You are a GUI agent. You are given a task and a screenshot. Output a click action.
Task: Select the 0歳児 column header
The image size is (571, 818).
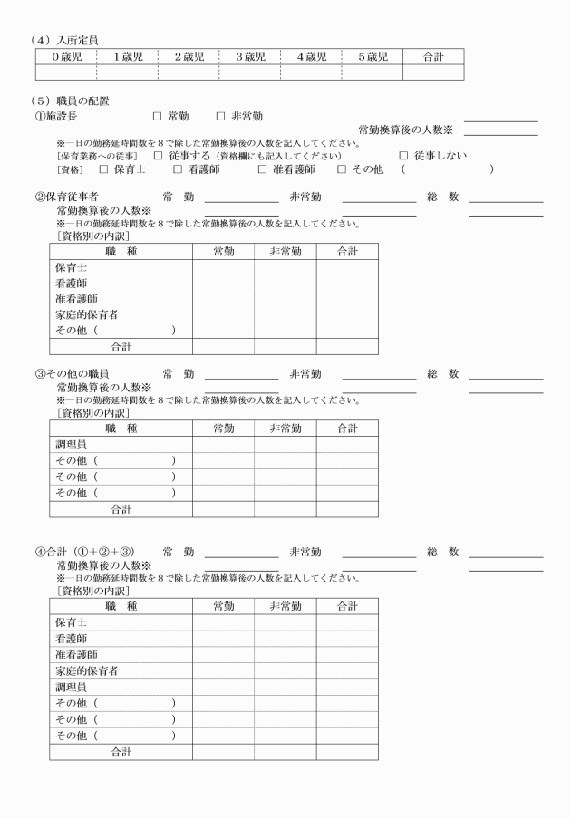coord(65,57)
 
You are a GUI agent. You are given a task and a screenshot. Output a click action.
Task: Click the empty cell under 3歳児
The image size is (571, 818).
coord(249,72)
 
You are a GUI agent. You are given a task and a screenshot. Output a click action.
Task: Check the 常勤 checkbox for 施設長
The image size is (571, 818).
coord(157,117)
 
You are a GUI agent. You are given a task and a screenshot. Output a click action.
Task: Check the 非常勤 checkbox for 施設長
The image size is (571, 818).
coord(220,117)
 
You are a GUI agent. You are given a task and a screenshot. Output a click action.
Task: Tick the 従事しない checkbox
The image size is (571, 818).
coord(404,156)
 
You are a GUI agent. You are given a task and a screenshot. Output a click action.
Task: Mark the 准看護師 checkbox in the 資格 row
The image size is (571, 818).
coord(263,169)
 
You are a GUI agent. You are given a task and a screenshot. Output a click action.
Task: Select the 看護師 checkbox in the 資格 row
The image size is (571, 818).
coord(179,169)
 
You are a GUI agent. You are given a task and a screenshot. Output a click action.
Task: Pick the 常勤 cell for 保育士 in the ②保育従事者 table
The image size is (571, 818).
coord(223,268)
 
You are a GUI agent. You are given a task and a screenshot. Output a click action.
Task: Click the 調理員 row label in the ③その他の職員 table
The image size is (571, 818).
coord(71,445)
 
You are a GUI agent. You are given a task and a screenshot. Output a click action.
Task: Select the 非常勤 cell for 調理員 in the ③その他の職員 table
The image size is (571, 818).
coord(285,445)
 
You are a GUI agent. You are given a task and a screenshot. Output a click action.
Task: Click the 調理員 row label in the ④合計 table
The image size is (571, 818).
coord(71,687)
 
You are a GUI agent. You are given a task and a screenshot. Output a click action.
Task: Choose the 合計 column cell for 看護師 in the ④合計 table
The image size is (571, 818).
coord(347,639)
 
